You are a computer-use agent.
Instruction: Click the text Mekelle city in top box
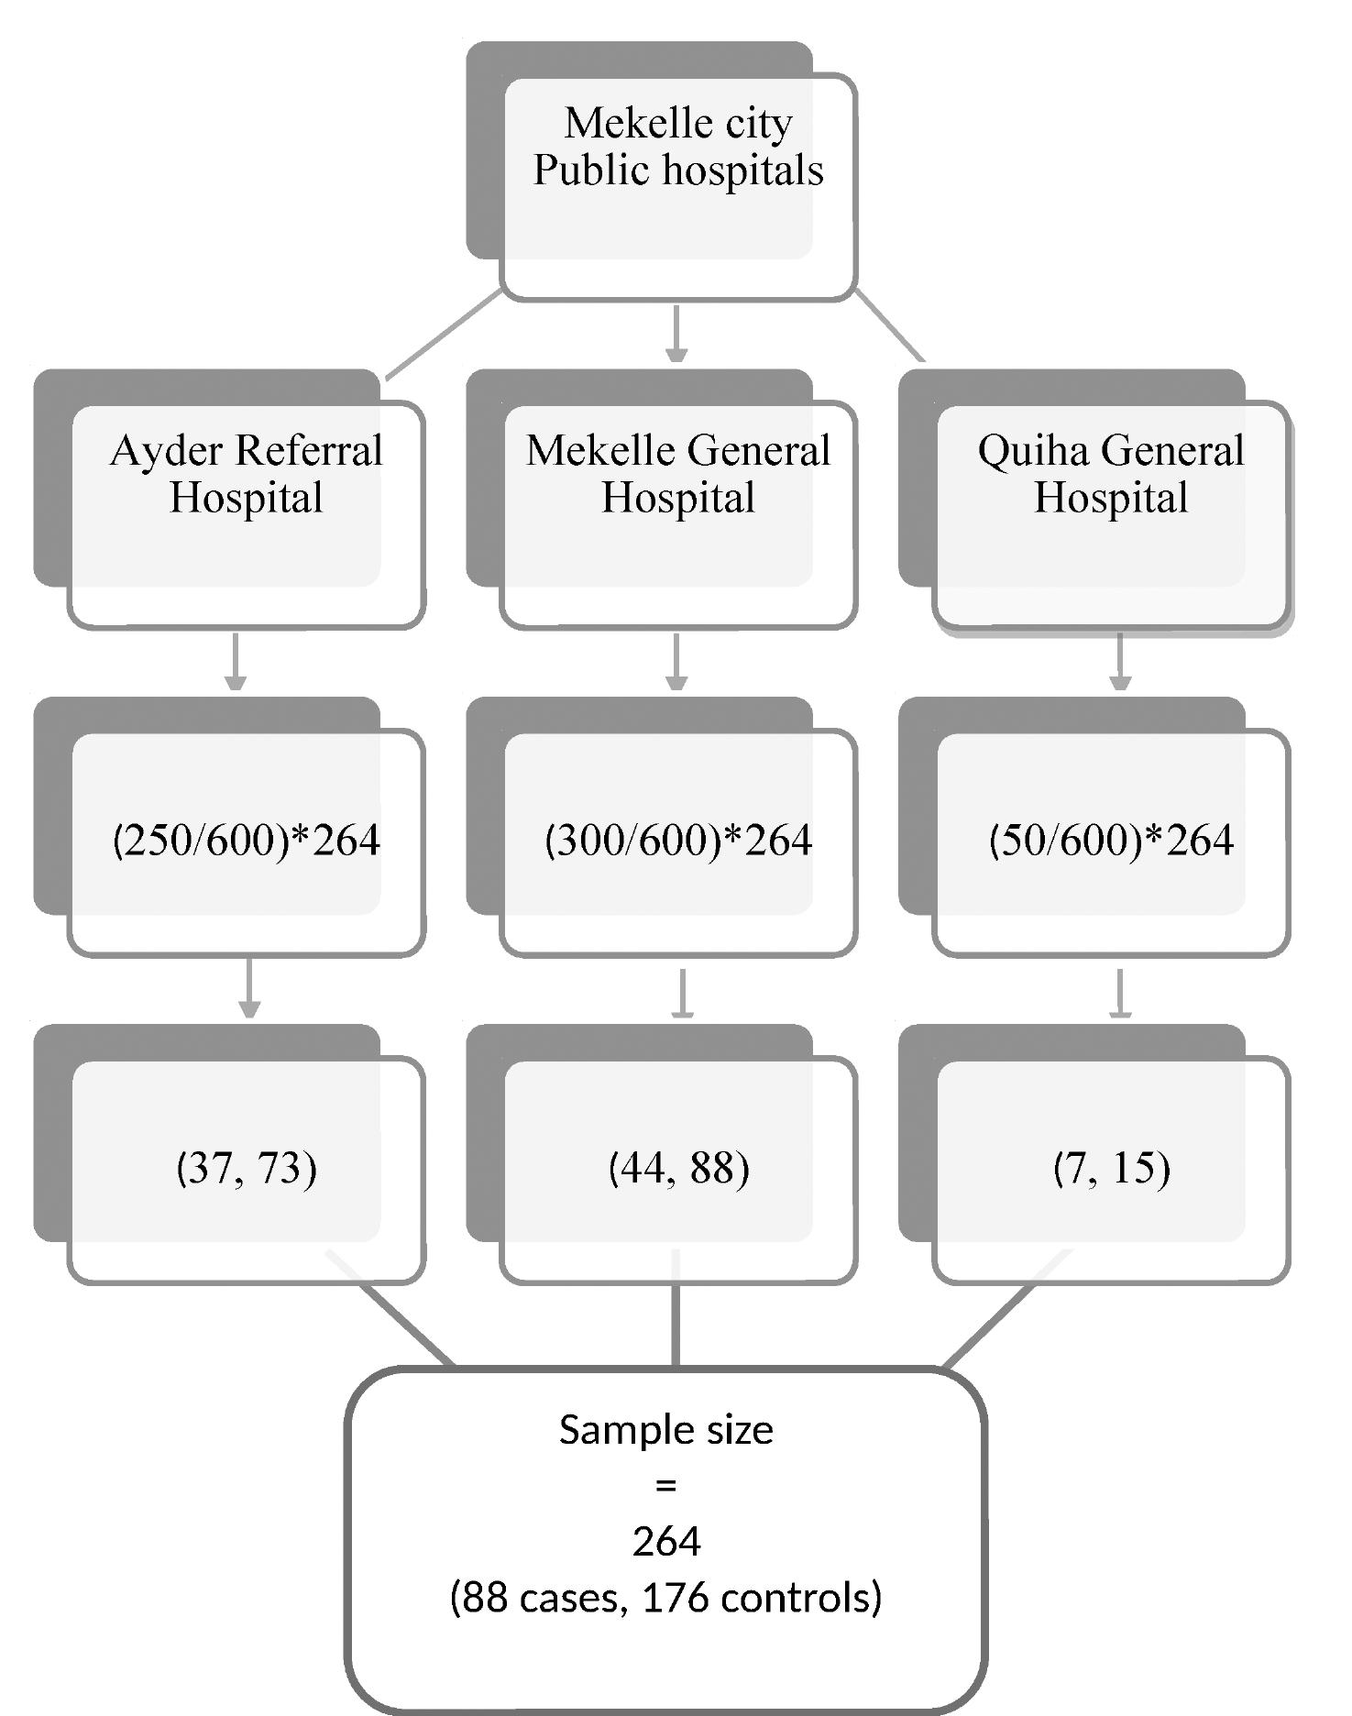(x=677, y=124)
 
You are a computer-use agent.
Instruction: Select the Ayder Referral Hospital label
(x=246, y=474)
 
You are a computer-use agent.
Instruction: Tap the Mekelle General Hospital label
(x=677, y=474)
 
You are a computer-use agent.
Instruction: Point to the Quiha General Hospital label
(x=1110, y=474)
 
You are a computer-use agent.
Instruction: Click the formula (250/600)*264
(x=246, y=840)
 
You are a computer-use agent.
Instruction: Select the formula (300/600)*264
(x=677, y=840)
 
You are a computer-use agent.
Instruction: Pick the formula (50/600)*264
(x=1110, y=840)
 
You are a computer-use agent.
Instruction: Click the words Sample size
(x=665, y=1430)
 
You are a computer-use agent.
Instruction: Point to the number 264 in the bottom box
(x=665, y=1542)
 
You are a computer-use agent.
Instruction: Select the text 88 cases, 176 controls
(x=665, y=1598)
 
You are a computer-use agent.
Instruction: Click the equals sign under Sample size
(x=665, y=1485)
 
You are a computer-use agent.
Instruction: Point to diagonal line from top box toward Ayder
(x=444, y=335)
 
